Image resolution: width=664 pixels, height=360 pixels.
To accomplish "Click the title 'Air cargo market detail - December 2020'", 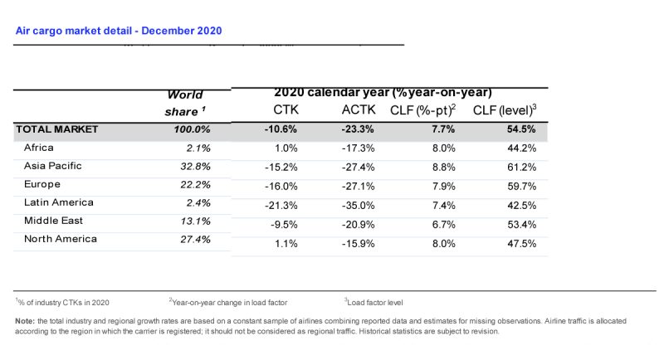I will (x=119, y=31).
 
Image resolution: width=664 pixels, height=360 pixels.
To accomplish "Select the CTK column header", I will (x=286, y=110).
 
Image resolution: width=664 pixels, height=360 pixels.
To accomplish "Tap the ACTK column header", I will (x=359, y=110).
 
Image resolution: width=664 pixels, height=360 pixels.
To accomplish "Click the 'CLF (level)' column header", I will (x=506, y=110).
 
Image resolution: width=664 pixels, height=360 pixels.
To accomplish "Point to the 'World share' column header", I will (x=184, y=103).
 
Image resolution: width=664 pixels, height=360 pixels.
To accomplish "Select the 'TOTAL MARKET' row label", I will (x=56, y=129).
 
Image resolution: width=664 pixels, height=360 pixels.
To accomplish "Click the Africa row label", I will (x=39, y=148).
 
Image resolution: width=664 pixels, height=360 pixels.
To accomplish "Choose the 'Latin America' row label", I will (x=58, y=202).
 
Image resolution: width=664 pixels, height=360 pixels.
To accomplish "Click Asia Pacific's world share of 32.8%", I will (x=193, y=166).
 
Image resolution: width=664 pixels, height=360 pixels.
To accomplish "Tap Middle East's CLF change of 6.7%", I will (x=443, y=222).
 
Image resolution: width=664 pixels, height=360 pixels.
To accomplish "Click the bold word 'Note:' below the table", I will (x=25, y=320).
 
